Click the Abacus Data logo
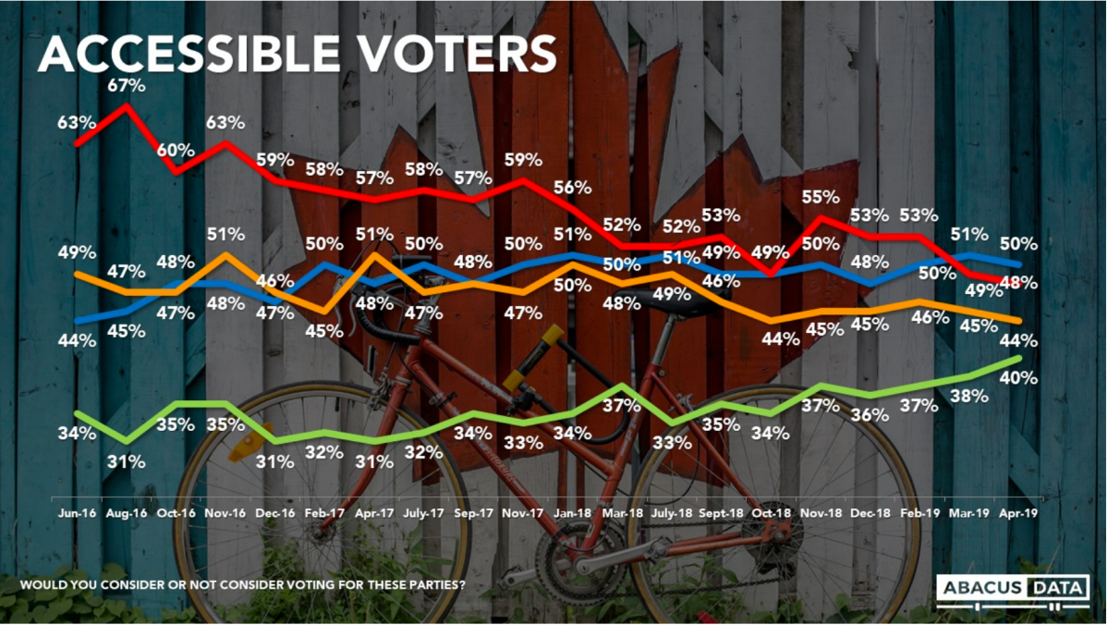click(1012, 590)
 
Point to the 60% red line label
click(176, 151)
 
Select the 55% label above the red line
click(821, 197)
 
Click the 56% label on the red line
click(573, 187)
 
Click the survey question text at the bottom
click(242, 584)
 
